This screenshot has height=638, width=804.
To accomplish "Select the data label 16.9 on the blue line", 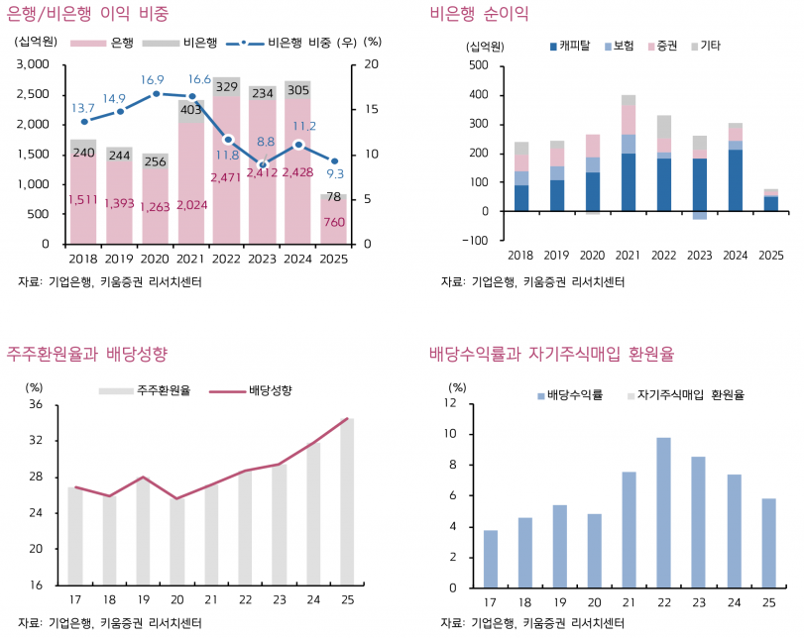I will pos(152,80).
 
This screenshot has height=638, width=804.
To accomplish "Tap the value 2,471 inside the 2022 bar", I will pos(226,176).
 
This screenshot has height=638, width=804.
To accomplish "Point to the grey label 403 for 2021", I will pos(190,111).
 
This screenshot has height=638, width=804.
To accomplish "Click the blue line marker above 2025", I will pos(335,161).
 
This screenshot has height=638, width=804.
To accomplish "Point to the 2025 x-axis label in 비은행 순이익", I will pos(770,256).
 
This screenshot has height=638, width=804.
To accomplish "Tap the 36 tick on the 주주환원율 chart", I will pos(35,405).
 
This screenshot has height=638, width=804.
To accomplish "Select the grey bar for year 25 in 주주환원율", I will pos(347,501).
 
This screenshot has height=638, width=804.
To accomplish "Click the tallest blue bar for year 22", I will pos(663,512).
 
